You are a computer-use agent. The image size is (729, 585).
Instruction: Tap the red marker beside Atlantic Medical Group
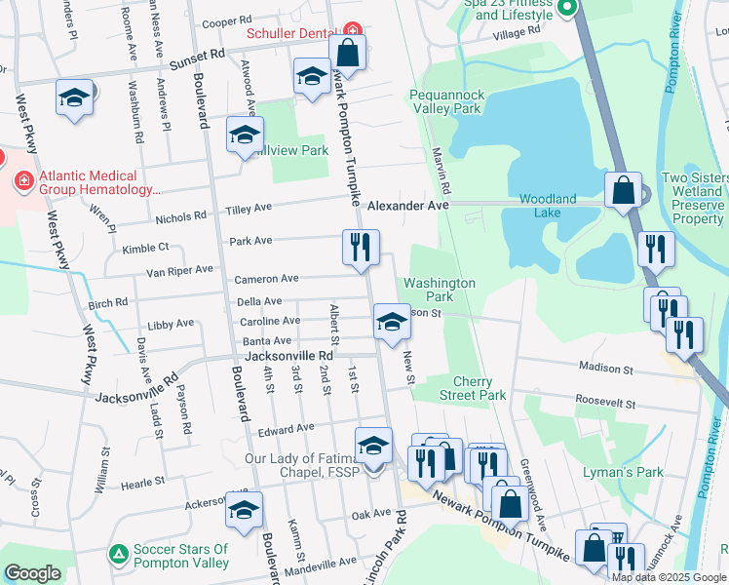(x=22, y=180)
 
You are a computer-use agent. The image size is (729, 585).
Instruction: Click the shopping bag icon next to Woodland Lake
(x=623, y=190)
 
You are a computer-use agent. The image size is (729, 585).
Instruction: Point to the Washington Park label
(x=440, y=289)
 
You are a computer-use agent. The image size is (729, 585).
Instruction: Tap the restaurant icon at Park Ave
(x=361, y=248)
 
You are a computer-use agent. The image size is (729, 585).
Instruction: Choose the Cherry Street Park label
(x=472, y=388)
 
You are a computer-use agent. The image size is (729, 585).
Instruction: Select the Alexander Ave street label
(x=408, y=206)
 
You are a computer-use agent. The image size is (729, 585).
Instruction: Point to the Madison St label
(x=606, y=370)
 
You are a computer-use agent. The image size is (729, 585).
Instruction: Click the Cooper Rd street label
(x=226, y=20)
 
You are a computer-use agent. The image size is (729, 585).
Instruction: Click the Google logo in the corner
(x=32, y=574)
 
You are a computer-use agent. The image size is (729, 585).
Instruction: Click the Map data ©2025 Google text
(x=668, y=577)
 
